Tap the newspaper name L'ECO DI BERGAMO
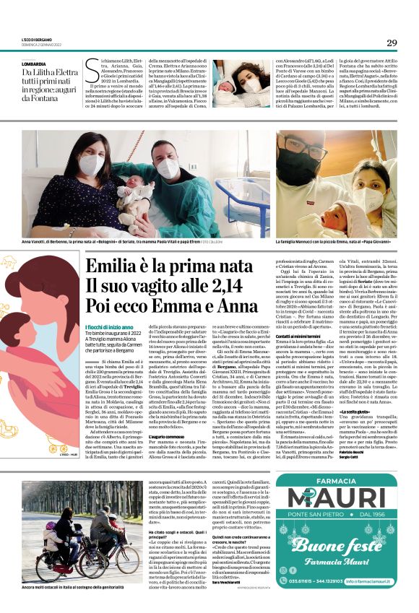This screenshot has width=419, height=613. pos(37,38)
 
